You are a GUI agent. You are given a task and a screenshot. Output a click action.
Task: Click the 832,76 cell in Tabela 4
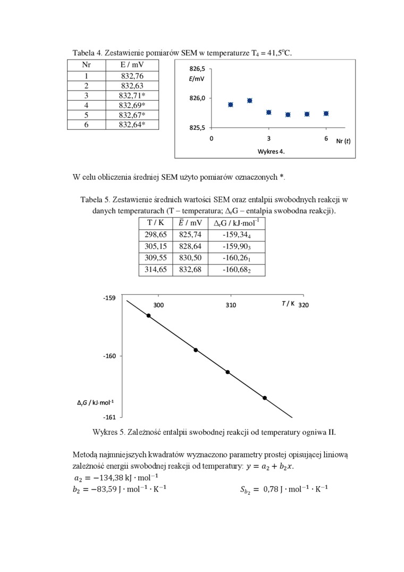(x=132, y=76)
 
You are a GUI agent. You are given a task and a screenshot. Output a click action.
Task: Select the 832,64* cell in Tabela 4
(x=132, y=125)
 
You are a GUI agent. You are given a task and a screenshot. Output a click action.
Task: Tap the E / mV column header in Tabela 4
(x=132, y=65)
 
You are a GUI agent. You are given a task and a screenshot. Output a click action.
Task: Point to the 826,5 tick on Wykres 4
(x=197, y=69)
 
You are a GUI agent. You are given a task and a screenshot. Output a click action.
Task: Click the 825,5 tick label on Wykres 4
(x=197, y=128)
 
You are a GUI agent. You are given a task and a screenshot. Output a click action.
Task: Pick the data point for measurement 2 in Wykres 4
(x=250, y=101)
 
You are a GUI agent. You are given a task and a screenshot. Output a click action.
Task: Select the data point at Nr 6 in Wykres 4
(x=326, y=113)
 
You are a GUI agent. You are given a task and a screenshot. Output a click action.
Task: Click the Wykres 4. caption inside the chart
(x=271, y=151)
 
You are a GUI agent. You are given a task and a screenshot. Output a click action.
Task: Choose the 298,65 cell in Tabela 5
(x=156, y=234)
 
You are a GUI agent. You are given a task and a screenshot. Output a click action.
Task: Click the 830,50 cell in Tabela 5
(x=190, y=258)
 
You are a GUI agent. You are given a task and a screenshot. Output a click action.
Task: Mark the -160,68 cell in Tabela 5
(x=236, y=270)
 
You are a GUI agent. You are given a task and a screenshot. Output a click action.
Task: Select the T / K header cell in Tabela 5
(x=156, y=222)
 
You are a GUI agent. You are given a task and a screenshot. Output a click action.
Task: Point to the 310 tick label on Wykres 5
(x=231, y=305)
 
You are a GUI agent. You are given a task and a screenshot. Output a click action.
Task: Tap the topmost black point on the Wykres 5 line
(x=148, y=316)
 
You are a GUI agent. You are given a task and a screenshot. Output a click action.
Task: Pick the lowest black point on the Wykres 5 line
(x=264, y=398)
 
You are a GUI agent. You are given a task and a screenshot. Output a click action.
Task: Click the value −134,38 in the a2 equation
(x=104, y=477)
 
